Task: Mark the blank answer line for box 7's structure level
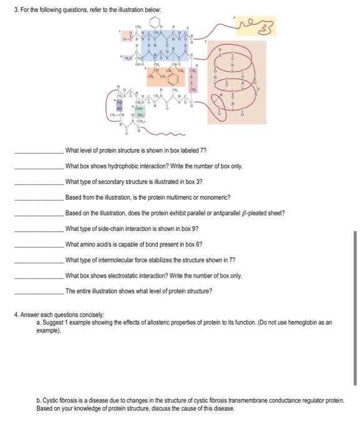click(x=39, y=151)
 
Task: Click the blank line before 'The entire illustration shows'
click(x=39, y=291)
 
